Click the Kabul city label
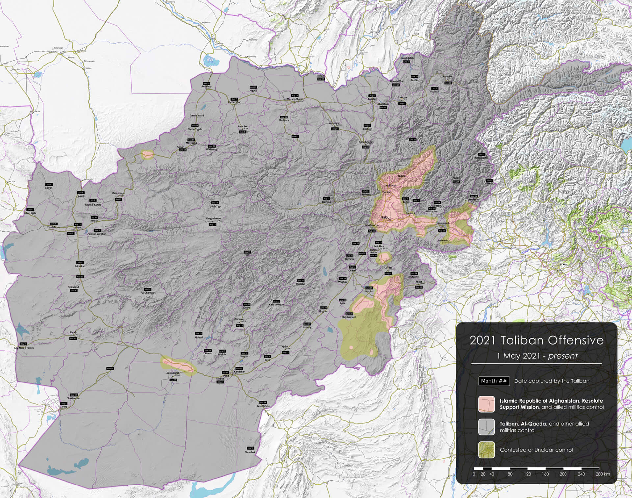click(x=385, y=217)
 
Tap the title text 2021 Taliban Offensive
click(x=537, y=340)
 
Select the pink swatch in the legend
click(x=486, y=404)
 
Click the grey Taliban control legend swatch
click(x=486, y=427)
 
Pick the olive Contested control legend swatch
click(x=486, y=450)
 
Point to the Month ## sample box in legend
click(x=494, y=381)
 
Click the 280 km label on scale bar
click(x=602, y=474)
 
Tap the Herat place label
click(x=78, y=228)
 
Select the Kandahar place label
click(x=239, y=372)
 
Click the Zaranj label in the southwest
click(x=64, y=407)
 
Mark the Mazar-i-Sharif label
click(x=295, y=99)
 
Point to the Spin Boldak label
click(x=263, y=406)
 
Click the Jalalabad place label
click(x=443, y=223)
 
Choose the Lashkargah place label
click(x=173, y=373)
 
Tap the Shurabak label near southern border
click(x=250, y=452)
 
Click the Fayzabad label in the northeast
click(x=448, y=76)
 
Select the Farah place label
click(x=73, y=332)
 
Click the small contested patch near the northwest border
click(x=147, y=155)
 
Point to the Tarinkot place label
click(x=239, y=319)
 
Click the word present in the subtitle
click(x=563, y=356)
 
